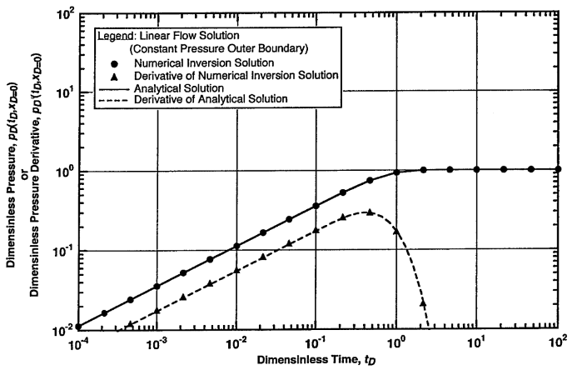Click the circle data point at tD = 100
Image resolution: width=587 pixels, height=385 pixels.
point(558,169)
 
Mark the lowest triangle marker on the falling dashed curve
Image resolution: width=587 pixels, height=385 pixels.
point(423,302)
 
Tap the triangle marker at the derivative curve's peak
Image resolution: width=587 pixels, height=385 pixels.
point(371,212)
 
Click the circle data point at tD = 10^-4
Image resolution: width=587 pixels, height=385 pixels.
point(78,327)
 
